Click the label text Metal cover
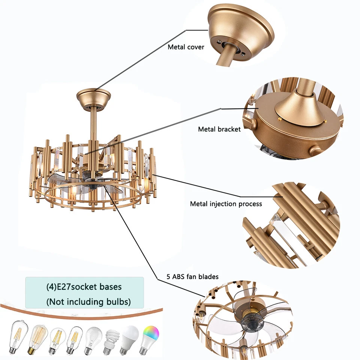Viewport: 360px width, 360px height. point(186,47)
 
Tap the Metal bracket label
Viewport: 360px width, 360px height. point(219,129)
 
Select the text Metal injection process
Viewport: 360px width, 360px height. point(226,204)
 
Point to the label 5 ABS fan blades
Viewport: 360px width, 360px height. point(192,277)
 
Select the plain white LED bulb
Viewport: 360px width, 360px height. point(130,340)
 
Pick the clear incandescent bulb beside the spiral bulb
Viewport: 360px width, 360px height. point(93,339)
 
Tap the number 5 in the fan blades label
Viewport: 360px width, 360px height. point(169,277)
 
